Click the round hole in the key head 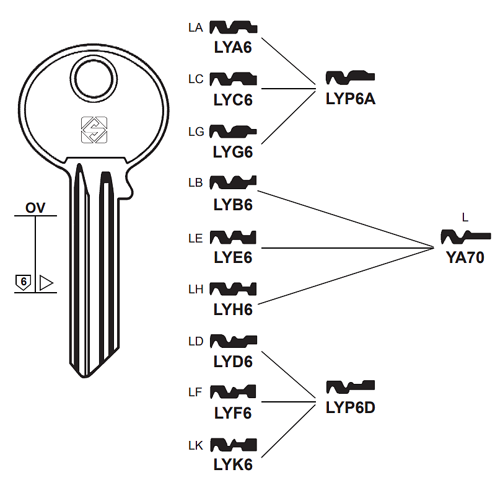pos(95,77)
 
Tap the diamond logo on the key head pos(95,130)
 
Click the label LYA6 pos(233,47)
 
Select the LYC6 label pos(233,99)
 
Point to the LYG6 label pos(233,151)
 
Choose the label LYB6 pos(233,203)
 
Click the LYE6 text pos(233,256)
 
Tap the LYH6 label pos(233,308)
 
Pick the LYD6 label pos(233,361)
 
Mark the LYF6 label pos(233,412)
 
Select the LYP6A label pos(351,98)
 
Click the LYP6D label pos(351,407)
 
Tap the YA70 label pos(465,257)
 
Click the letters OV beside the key pos(35,208)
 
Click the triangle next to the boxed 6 pos(46,283)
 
